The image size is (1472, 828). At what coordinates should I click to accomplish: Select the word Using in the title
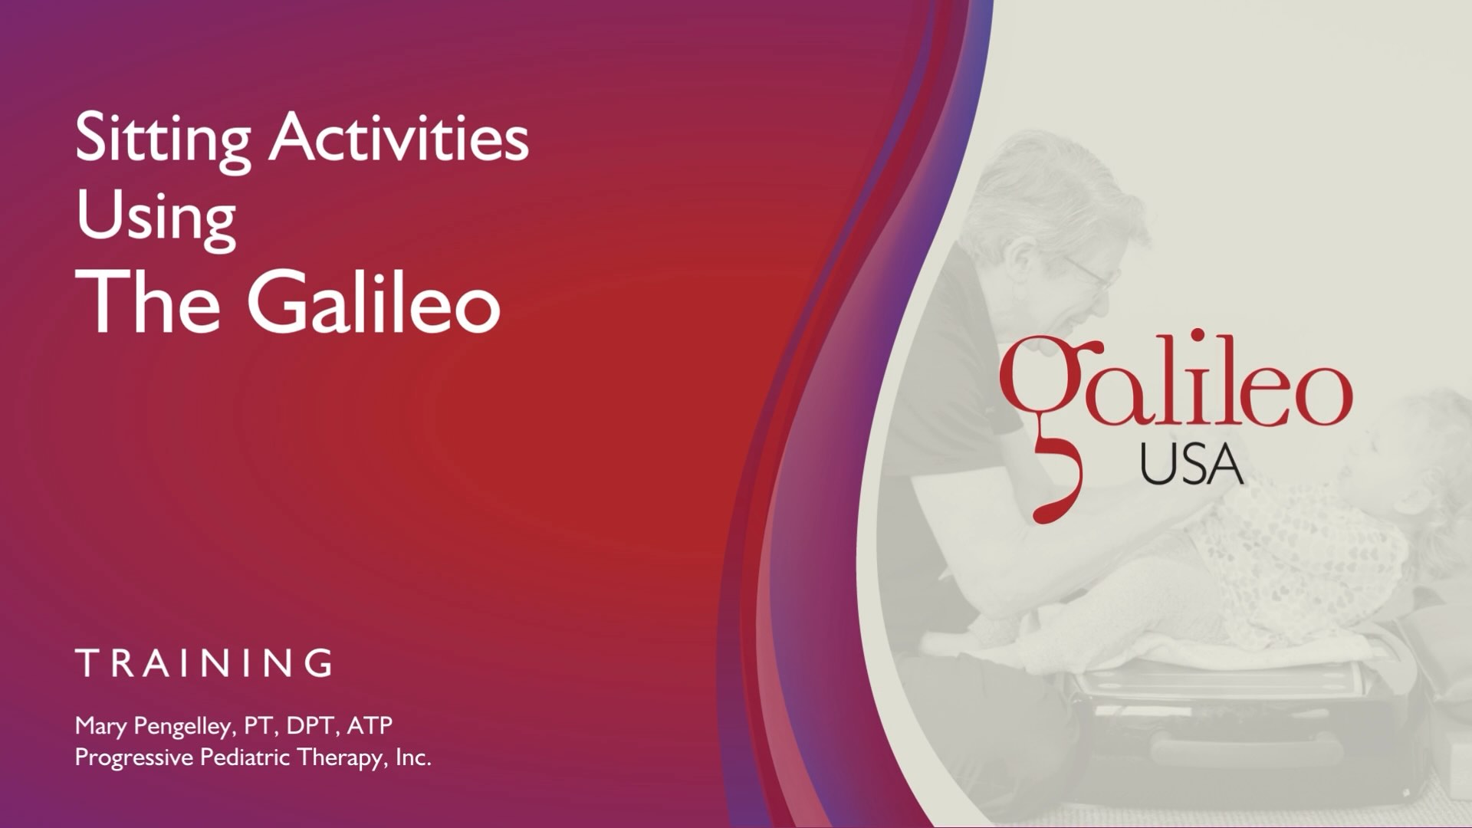coord(156,218)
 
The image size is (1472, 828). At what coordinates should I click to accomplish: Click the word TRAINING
coord(205,663)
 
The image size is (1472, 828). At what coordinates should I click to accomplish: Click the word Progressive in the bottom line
coord(134,758)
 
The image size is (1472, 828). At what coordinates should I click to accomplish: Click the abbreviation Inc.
coord(413,757)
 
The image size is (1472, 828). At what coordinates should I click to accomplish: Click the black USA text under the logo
coord(1191,465)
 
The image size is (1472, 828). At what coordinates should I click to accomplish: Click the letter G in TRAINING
coord(319,663)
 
